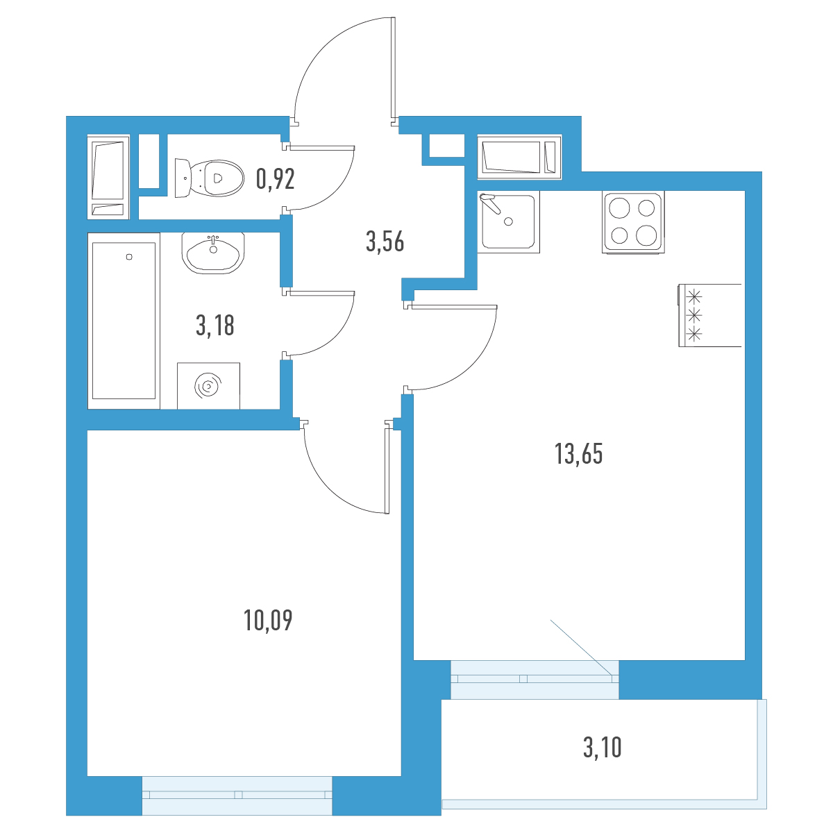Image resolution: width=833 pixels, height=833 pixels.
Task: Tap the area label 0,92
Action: [276, 179]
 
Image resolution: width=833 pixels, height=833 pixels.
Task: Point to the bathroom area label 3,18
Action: [214, 326]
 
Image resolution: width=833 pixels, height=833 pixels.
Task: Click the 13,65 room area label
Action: [578, 454]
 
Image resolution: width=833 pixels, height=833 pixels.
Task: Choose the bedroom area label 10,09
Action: [268, 621]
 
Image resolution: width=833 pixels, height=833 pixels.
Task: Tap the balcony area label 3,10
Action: [602, 748]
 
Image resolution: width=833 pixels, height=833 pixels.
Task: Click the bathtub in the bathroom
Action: [124, 321]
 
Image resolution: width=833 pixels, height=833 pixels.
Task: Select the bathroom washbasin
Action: [213, 253]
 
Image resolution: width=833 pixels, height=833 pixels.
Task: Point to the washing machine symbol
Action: [208, 385]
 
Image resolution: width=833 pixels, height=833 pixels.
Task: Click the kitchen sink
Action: [508, 221]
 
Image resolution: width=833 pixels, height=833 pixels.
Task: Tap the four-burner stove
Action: [633, 221]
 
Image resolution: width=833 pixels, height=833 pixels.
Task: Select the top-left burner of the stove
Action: [619, 208]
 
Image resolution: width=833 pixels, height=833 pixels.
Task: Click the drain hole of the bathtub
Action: [129, 257]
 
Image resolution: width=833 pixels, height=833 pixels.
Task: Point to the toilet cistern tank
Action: [182, 178]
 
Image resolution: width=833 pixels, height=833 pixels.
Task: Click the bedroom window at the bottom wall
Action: [237, 795]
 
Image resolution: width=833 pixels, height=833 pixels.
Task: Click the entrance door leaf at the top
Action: [393, 68]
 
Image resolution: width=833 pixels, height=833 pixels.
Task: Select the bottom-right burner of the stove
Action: [646, 235]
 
